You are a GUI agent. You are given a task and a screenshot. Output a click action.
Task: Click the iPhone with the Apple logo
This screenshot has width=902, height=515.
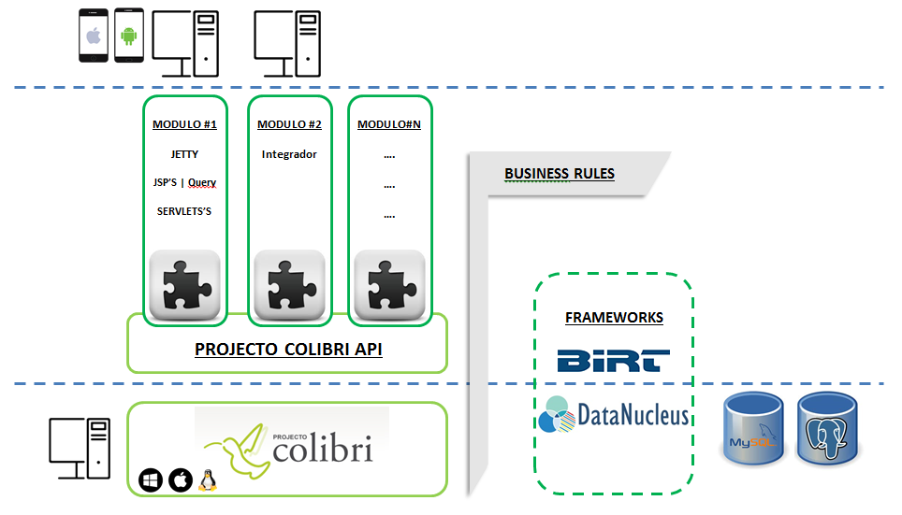coord(94,36)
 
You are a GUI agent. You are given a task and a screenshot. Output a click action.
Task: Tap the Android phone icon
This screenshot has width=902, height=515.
coord(129,36)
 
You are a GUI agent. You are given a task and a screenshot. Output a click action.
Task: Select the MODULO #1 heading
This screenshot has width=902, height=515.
coord(184,124)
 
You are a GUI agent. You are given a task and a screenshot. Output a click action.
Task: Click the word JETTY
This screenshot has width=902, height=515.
coord(184,154)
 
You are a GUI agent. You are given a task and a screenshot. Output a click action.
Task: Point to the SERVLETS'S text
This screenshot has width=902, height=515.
coord(184,211)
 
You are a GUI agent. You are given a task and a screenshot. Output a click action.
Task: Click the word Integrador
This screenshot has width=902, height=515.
coord(289,154)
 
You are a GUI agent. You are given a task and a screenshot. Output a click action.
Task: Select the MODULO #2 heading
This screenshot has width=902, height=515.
coord(289,124)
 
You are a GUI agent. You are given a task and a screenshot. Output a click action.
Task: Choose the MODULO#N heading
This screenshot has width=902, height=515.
coord(389,124)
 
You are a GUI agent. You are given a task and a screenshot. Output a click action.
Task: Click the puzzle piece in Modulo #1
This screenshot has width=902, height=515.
coord(184,284)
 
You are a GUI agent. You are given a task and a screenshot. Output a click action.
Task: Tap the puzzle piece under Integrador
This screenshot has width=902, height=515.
coord(289,284)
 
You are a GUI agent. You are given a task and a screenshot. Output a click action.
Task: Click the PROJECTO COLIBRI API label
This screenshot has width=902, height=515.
coord(288,350)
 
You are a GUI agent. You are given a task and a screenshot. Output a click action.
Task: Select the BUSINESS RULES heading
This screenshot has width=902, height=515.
coord(559,173)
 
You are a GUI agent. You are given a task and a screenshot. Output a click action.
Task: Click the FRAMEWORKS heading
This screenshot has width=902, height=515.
coord(614,318)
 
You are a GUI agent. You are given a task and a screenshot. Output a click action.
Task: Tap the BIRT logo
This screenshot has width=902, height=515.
coord(614,360)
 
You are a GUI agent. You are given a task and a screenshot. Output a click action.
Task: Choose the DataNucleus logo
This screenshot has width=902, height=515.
coord(614,415)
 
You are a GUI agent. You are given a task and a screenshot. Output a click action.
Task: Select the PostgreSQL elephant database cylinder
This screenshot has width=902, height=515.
coord(827,429)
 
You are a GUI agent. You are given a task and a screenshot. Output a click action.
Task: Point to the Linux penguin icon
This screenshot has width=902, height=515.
coord(208,480)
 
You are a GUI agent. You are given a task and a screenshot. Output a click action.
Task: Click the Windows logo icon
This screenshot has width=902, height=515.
coord(150,480)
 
